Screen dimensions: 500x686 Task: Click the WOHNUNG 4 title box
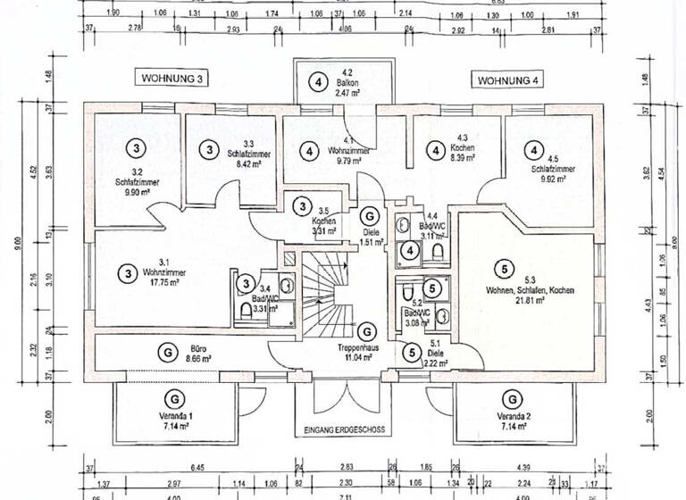point(509,79)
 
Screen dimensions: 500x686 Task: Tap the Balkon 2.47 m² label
point(344,87)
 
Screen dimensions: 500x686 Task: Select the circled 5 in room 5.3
point(505,268)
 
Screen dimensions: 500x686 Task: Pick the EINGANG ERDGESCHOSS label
point(344,429)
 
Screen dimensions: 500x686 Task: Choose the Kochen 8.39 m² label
point(469,152)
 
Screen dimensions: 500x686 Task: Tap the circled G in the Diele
point(369,216)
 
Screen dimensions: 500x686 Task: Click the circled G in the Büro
point(167,353)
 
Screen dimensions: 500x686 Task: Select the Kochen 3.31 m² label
point(324,226)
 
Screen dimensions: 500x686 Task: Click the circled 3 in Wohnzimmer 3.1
point(129,272)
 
